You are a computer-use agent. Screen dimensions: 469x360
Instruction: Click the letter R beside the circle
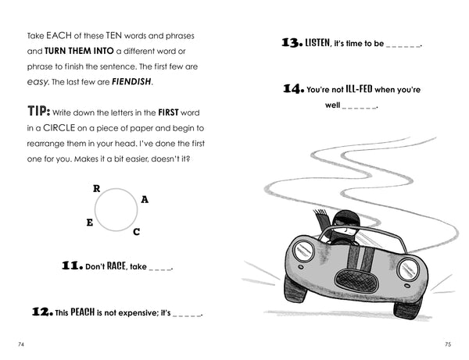pos(96,188)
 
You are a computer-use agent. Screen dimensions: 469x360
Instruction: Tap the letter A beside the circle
pos(145,199)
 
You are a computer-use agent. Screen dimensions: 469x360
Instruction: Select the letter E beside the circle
pos(89,223)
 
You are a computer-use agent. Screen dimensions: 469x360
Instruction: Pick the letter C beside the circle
pos(136,232)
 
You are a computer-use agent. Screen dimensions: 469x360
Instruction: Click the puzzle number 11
pos(72,266)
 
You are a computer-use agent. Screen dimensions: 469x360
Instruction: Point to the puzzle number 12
pos(42,312)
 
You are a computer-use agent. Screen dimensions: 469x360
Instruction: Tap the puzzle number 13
pos(292,42)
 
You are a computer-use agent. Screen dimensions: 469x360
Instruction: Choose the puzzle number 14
pos(294,88)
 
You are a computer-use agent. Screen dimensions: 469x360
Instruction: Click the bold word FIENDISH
pos(131,81)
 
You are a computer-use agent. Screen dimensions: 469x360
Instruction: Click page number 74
pos(21,344)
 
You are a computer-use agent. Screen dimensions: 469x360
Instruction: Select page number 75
pos(448,344)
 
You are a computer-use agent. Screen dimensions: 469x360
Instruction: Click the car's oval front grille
pos(356,281)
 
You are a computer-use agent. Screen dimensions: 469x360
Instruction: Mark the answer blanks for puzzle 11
pos(160,269)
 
